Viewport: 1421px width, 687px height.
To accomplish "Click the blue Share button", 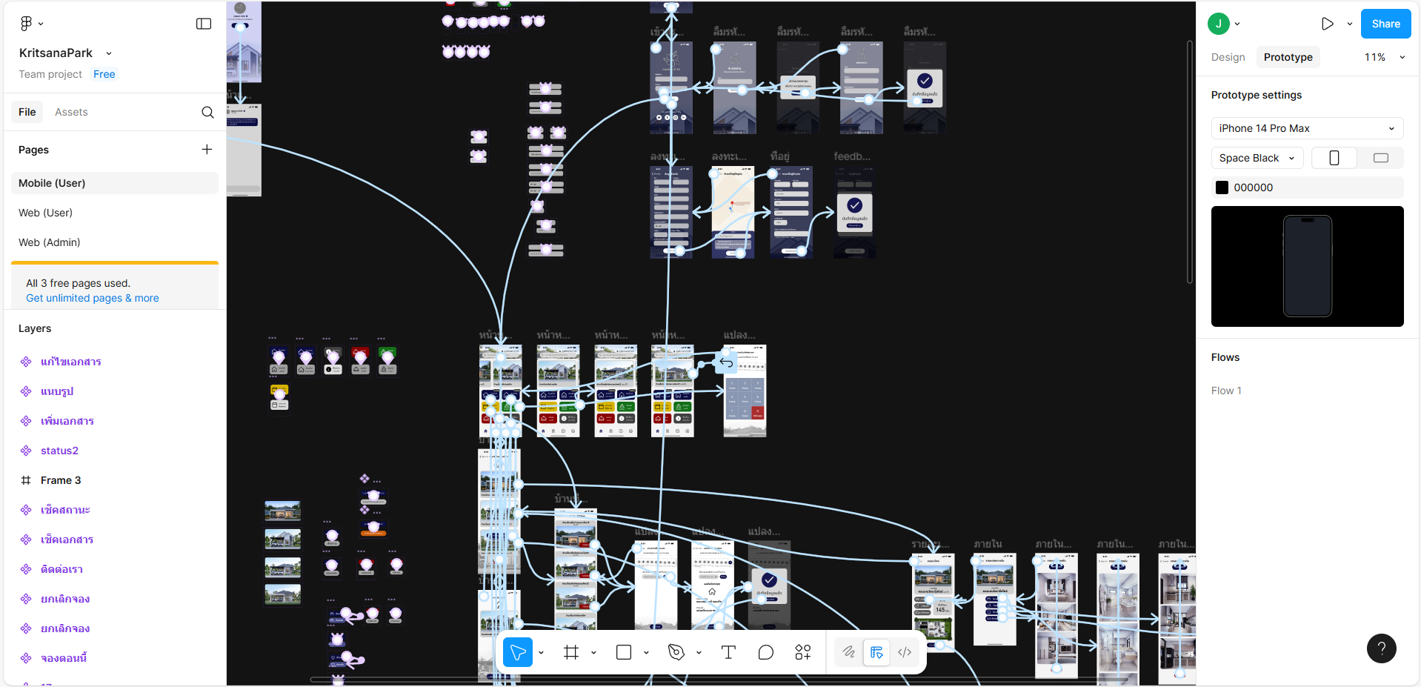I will (x=1385, y=24).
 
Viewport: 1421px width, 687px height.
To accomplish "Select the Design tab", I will (x=1228, y=57).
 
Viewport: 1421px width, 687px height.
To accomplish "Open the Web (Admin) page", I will (x=50, y=242).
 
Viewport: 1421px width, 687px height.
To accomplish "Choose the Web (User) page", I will (x=45, y=213).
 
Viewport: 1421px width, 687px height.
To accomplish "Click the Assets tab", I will (x=71, y=112).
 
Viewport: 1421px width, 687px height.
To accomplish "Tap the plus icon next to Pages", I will (x=207, y=150).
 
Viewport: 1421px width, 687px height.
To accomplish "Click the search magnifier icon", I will (x=207, y=112).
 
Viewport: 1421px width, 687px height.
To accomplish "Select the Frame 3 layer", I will (x=61, y=480).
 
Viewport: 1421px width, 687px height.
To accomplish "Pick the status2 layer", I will (x=59, y=451).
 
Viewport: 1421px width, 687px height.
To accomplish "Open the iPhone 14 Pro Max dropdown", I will (x=1307, y=128).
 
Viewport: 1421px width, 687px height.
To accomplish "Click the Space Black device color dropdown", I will (x=1257, y=158).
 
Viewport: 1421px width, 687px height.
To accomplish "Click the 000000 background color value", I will (x=1253, y=187).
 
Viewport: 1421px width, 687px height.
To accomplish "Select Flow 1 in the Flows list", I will (x=1226, y=391).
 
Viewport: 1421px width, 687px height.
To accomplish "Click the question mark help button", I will (x=1381, y=648).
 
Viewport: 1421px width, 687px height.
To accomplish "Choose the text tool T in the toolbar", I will (x=728, y=652).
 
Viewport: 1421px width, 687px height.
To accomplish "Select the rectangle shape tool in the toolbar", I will (x=624, y=652).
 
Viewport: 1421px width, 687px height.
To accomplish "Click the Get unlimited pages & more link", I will (x=93, y=298).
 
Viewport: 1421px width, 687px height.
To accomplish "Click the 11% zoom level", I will (x=1375, y=57).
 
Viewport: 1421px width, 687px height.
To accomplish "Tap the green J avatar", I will (x=1218, y=24).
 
